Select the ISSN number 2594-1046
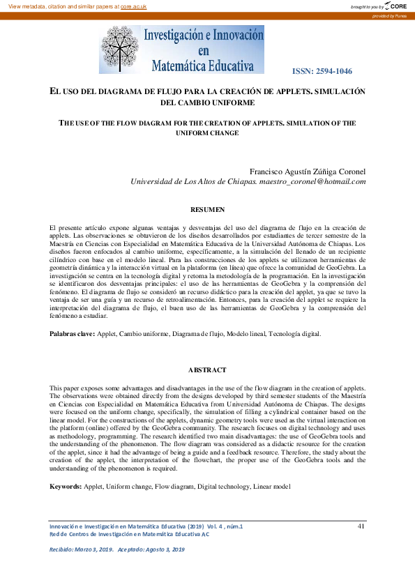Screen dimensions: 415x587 click(322, 71)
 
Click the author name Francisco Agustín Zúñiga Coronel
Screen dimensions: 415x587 click(308, 171)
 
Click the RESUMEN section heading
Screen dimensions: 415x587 click(207, 209)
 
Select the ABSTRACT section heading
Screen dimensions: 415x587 click(207, 369)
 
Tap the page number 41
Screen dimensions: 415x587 click(361, 526)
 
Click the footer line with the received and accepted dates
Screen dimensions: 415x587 click(117, 550)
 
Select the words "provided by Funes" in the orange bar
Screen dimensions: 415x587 click(389, 15)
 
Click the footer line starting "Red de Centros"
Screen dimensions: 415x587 click(129, 534)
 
